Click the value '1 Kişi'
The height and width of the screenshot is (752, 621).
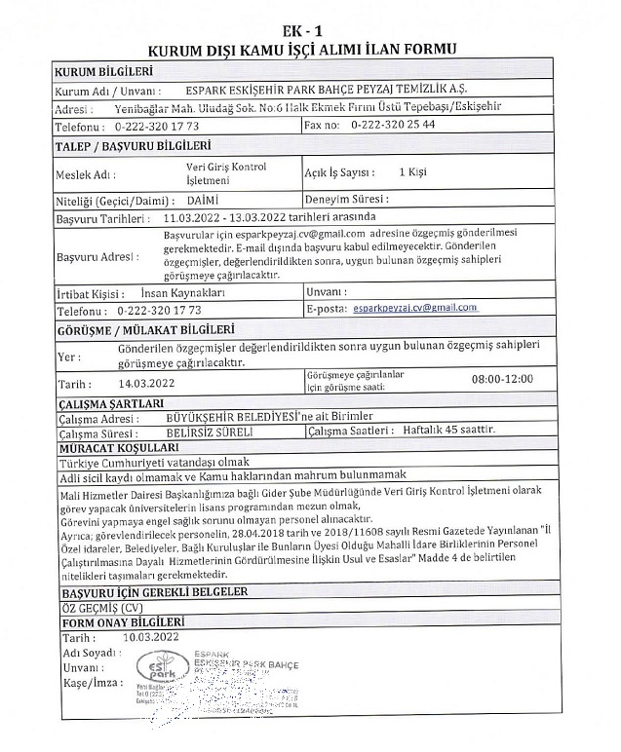[413, 172]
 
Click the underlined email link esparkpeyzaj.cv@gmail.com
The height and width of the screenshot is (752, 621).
[416, 308]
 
